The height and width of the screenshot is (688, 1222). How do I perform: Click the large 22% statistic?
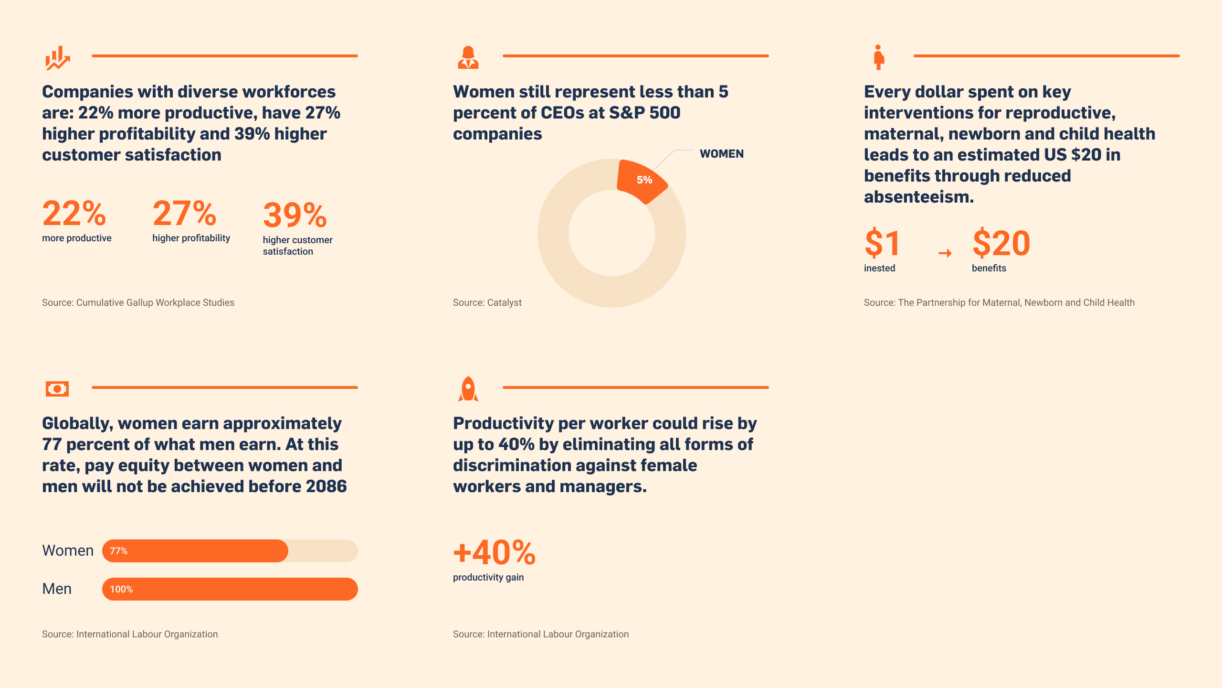pyautogui.click(x=74, y=213)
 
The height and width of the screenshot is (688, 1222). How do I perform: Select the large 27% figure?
pyautogui.click(x=184, y=213)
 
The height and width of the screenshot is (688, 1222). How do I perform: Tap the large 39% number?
pyautogui.click(x=295, y=215)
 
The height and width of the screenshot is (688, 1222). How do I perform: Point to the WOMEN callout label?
pyautogui.click(x=721, y=154)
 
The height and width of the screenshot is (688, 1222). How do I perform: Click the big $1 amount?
pyautogui.click(x=882, y=243)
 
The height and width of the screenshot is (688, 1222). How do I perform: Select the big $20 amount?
pyautogui.click(x=1001, y=243)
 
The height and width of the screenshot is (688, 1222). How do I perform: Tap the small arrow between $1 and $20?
pyautogui.click(x=945, y=253)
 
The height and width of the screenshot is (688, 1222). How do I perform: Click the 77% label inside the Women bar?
pyautogui.click(x=118, y=551)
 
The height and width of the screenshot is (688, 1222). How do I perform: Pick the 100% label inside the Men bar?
pyautogui.click(x=121, y=589)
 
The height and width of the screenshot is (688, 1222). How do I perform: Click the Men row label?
pyautogui.click(x=57, y=589)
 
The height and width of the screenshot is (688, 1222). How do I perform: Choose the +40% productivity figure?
pyautogui.click(x=495, y=552)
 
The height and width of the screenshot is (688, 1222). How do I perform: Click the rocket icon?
pyautogui.click(x=468, y=389)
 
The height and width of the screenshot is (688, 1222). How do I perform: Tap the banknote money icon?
pyautogui.click(x=57, y=389)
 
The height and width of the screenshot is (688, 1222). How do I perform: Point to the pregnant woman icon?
pyautogui.click(x=879, y=57)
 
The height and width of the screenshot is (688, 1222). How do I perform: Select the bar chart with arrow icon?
pyautogui.click(x=58, y=58)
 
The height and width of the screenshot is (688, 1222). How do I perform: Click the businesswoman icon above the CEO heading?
pyautogui.click(x=468, y=57)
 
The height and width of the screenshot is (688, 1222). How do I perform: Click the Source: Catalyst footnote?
pyautogui.click(x=487, y=302)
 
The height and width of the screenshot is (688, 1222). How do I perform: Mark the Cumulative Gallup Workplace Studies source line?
pyautogui.click(x=138, y=302)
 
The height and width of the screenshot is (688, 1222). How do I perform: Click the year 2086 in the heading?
pyautogui.click(x=327, y=486)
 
